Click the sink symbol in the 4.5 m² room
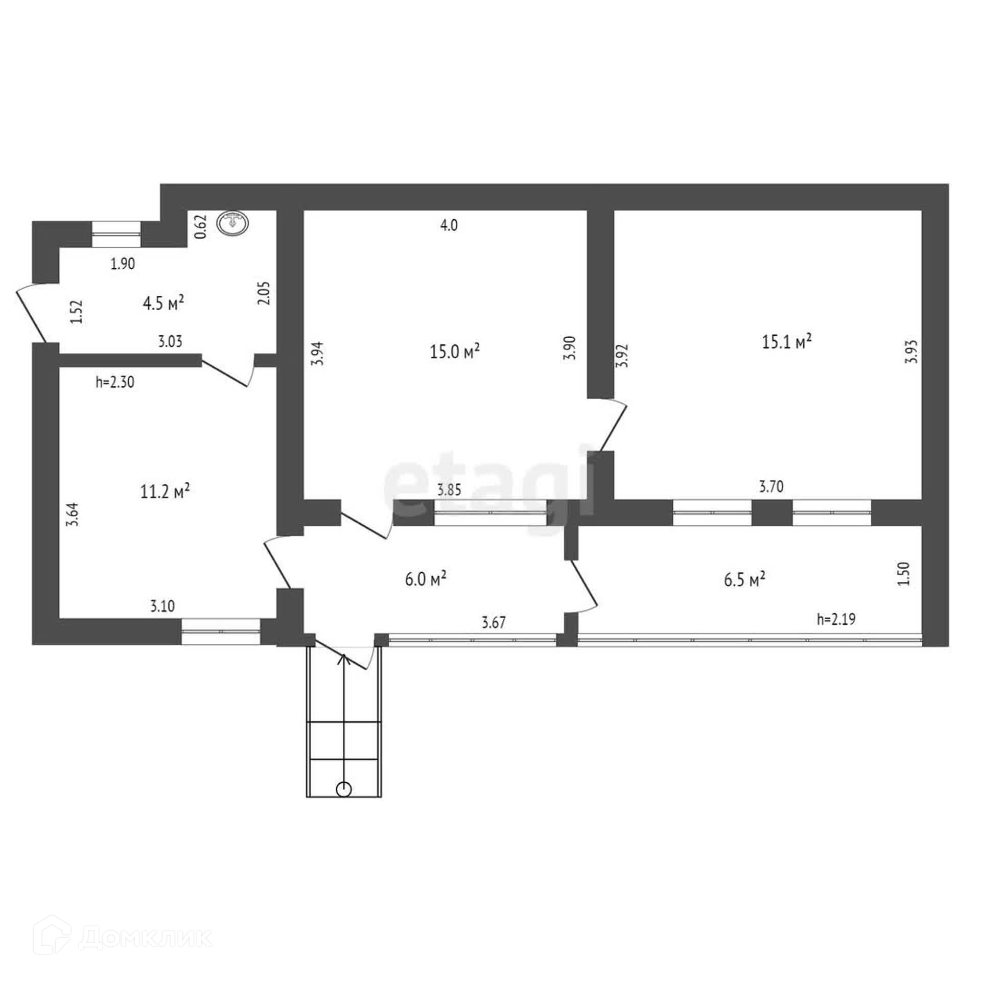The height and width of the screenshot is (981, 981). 233,223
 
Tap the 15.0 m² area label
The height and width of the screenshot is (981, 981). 455,352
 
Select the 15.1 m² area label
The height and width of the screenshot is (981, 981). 787,341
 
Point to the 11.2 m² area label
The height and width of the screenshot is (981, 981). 165,492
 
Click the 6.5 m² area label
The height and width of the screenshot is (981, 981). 744,580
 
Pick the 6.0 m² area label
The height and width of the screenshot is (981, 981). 426,580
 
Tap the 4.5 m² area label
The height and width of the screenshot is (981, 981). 163,303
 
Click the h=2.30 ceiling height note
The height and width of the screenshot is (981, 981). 115,382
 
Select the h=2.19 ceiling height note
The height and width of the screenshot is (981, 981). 836,619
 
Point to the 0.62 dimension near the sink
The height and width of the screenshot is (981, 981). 201,226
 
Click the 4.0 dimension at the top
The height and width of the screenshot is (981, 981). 449,225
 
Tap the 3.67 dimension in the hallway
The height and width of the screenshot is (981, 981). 494,622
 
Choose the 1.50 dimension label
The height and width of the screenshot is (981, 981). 904,573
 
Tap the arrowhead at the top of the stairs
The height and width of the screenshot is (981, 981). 344,659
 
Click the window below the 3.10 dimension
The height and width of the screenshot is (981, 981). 221,632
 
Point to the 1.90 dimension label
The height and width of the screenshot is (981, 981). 123,264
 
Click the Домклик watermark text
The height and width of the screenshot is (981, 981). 146,934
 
